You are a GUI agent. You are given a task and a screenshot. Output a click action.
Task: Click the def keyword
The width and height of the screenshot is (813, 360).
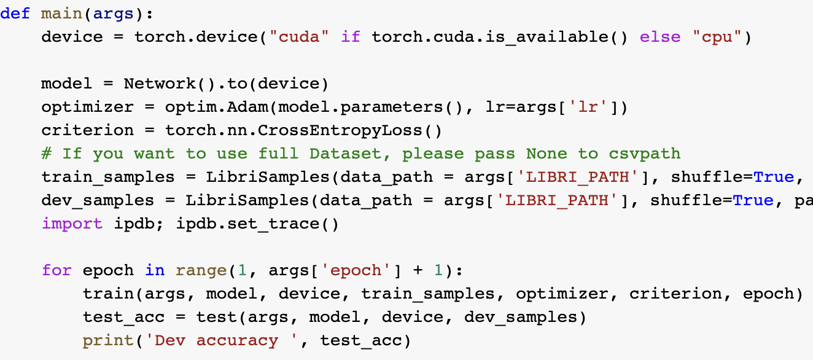coord(15,13)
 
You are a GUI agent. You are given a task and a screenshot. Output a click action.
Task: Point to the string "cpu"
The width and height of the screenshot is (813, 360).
coord(717,36)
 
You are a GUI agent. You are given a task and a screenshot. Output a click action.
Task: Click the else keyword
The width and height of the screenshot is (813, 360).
coord(659,36)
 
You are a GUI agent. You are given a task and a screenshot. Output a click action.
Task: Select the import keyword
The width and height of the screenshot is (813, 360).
coord(72,223)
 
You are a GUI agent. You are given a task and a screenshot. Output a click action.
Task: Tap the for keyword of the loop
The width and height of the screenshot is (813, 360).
coord(56,270)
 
